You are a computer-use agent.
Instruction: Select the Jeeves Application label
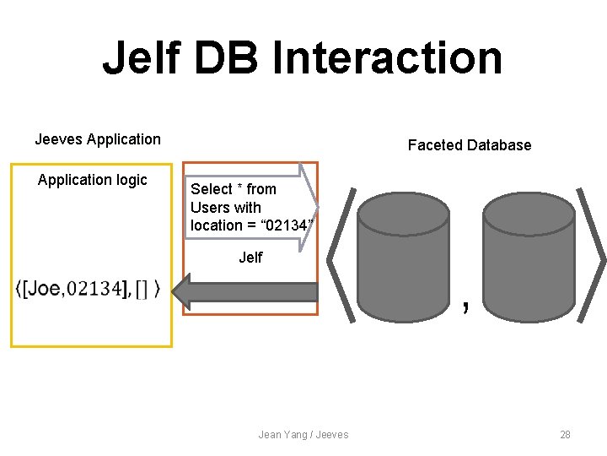[98, 139]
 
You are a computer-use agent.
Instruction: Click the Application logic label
[93, 180]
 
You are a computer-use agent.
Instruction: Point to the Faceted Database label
[470, 145]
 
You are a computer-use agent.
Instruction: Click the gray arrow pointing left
[244, 291]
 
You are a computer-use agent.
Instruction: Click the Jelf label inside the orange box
[250, 258]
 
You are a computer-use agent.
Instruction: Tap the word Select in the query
[211, 189]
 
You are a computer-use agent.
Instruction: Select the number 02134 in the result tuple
[94, 289]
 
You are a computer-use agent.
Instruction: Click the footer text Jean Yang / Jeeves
[303, 434]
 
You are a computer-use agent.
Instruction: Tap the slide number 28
[565, 434]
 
